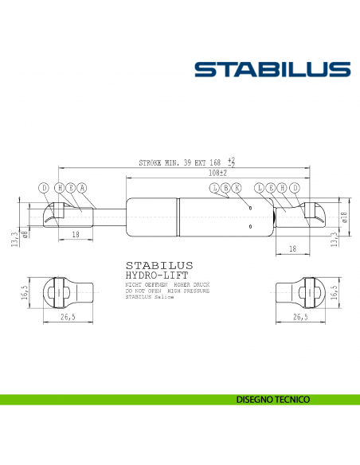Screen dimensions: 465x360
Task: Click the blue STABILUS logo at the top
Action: [x=272, y=69]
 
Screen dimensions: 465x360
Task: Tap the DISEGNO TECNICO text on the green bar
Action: [x=273, y=398]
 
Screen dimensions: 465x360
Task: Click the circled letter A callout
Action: [x=82, y=188]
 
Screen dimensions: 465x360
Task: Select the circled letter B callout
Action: [x=225, y=188]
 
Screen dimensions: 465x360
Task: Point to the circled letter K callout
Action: [x=236, y=188]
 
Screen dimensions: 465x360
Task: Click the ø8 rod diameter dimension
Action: [x=26, y=233]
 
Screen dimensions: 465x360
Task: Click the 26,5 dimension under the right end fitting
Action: [x=299, y=317]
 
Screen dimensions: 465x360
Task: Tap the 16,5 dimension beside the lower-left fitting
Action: [x=25, y=291]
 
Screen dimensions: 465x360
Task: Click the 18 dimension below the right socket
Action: [x=292, y=249]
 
